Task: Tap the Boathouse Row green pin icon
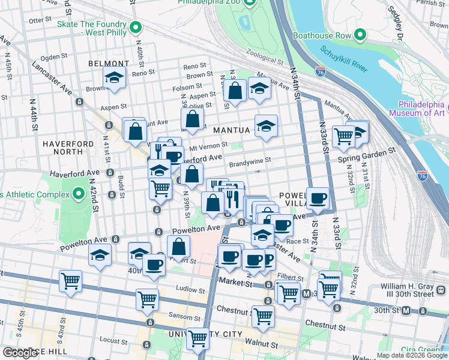click(x=360, y=35)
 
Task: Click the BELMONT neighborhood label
click(x=109, y=63)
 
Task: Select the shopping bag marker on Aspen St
click(x=236, y=91)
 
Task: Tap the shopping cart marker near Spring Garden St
click(x=343, y=136)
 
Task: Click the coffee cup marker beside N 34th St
click(x=318, y=198)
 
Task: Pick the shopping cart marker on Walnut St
click(x=197, y=338)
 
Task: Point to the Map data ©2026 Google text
click(x=411, y=355)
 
